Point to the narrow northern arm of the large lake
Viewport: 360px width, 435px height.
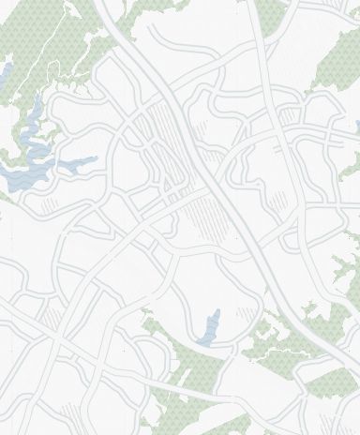(x=35, y=112)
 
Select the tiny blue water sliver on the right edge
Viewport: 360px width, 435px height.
(x=357, y=126)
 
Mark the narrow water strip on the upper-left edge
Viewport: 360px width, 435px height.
(x=5, y=72)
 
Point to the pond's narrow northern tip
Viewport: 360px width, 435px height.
(x=217, y=312)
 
